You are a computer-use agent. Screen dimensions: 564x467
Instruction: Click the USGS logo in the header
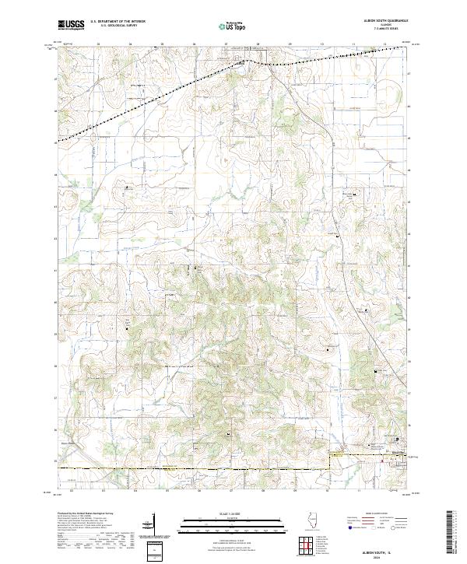click(x=71, y=25)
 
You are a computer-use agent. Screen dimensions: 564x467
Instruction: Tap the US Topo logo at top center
click(x=233, y=26)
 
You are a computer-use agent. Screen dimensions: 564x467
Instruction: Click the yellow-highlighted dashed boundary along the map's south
click(x=195, y=468)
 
